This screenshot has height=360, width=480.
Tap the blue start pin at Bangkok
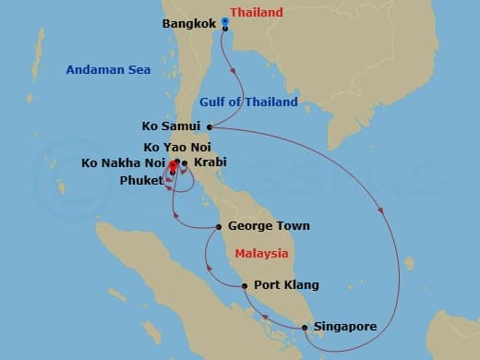point(224,26)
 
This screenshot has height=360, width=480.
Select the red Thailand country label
point(257,12)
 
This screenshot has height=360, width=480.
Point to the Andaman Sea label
point(102,69)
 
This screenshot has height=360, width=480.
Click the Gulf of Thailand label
point(248,102)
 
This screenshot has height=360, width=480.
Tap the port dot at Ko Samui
point(210,126)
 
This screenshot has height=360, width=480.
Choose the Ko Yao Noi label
point(178,147)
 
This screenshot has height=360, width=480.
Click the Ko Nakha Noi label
point(123,163)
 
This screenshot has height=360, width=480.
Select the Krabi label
point(209,163)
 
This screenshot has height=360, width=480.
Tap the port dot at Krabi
point(185,164)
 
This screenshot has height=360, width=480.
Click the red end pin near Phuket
point(173,167)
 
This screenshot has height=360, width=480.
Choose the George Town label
point(267,226)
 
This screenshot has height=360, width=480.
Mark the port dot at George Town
point(219,226)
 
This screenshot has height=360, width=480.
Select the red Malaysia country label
point(261,253)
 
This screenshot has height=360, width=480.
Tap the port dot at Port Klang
point(245,285)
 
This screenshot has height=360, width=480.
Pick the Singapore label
point(343,327)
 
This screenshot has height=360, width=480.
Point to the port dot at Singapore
point(305,327)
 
